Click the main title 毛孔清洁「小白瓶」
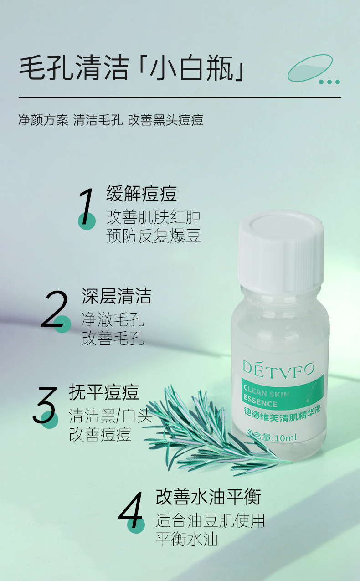point(132,68)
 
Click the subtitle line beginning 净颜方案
point(111,120)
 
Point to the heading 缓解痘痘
point(141,194)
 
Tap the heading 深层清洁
point(116,296)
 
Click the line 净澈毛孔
point(113,319)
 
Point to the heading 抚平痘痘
point(104,392)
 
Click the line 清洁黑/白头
point(110,416)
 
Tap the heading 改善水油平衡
point(208,497)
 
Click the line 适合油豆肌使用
point(210,520)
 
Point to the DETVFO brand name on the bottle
point(278,370)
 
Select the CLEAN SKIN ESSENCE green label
point(283,392)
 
